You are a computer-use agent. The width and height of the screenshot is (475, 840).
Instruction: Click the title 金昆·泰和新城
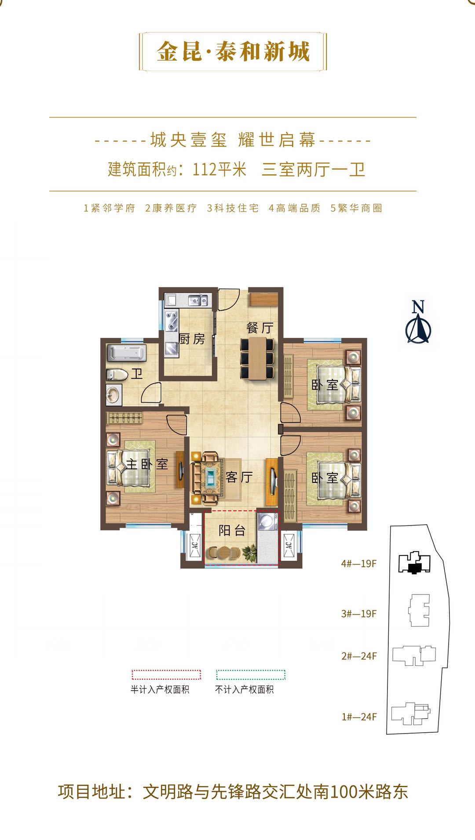(x=233, y=52)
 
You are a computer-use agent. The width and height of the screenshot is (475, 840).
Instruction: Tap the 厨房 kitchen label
(x=192, y=339)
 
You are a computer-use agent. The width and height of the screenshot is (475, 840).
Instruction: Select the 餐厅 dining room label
(x=259, y=328)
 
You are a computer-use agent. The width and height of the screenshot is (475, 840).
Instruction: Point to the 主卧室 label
(x=147, y=464)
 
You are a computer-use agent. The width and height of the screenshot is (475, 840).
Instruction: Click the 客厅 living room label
(x=239, y=477)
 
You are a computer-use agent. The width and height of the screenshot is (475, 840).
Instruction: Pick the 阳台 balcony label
(x=232, y=530)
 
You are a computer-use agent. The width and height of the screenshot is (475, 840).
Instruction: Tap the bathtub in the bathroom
(x=127, y=353)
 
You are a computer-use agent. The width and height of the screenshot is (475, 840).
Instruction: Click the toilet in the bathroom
(x=117, y=374)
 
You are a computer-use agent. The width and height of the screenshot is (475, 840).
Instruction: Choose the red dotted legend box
(x=166, y=675)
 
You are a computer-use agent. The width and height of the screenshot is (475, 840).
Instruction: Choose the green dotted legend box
(x=251, y=675)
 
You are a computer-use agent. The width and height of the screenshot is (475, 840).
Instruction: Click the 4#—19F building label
(x=359, y=563)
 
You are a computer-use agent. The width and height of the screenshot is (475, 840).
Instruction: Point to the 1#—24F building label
(x=359, y=717)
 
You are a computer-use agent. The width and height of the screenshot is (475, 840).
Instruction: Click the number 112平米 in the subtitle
(x=219, y=169)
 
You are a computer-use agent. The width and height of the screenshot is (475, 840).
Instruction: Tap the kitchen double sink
(x=198, y=300)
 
